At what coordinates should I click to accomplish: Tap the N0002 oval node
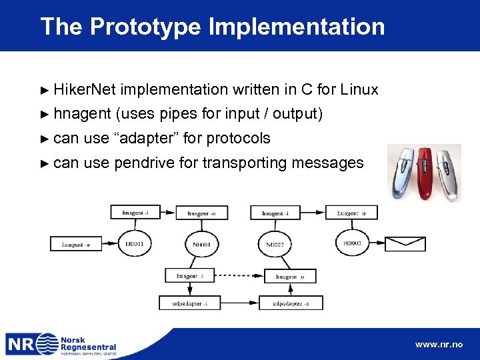click(275, 244)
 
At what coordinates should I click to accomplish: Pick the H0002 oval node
click(351, 244)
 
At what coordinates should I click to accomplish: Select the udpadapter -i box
click(189, 303)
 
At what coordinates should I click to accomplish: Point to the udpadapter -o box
click(290, 303)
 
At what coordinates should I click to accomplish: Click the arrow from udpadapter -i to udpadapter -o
click(237, 303)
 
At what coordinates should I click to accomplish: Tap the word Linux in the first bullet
click(359, 89)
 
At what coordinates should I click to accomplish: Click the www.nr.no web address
click(439, 345)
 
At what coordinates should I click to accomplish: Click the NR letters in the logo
click(21, 344)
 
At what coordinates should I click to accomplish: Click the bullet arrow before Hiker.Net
click(45, 89)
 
